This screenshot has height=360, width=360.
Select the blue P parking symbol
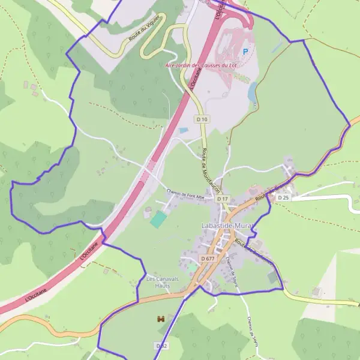245,52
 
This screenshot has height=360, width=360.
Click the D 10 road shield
202,119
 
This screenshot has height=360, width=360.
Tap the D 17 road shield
223,198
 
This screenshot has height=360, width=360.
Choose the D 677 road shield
208,258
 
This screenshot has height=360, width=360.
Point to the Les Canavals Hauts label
159,281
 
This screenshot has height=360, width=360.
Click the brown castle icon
160,319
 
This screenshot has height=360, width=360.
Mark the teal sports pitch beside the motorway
158,219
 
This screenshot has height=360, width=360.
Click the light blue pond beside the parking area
253,91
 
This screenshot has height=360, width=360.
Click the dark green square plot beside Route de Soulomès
273,277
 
